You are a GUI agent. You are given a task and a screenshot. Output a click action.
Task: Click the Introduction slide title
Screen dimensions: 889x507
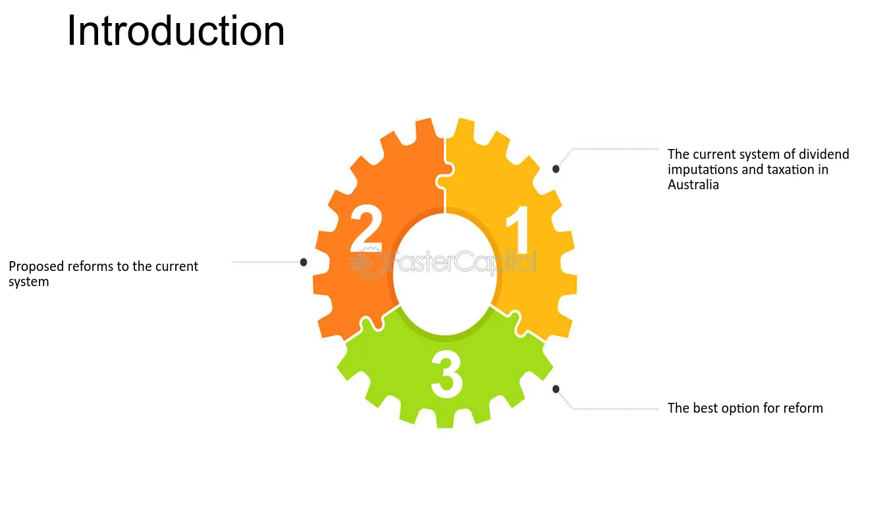[176, 31]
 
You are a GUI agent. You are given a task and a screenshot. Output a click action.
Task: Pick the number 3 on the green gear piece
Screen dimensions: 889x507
[446, 376]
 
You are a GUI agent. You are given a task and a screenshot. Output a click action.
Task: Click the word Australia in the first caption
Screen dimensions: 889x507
[693, 185]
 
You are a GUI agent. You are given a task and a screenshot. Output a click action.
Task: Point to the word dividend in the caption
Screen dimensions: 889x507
[824, 154]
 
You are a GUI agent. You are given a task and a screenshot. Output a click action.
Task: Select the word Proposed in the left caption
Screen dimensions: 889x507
[36, 266]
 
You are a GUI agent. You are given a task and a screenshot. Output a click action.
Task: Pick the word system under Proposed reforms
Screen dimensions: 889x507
[28, 282]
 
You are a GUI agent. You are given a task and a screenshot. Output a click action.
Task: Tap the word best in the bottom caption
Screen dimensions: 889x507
[705, 408]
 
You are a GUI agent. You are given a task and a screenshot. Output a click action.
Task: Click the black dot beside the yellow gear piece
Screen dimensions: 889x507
[556, 169]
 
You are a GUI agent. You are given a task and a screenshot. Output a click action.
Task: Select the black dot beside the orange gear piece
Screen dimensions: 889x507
[304, 262]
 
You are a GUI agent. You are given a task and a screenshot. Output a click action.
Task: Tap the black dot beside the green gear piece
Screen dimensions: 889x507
[556, 389]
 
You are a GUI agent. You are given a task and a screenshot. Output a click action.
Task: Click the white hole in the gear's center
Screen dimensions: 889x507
[445, 275]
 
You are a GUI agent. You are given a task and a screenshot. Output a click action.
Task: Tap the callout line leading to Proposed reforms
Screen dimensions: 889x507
[266, 262]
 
